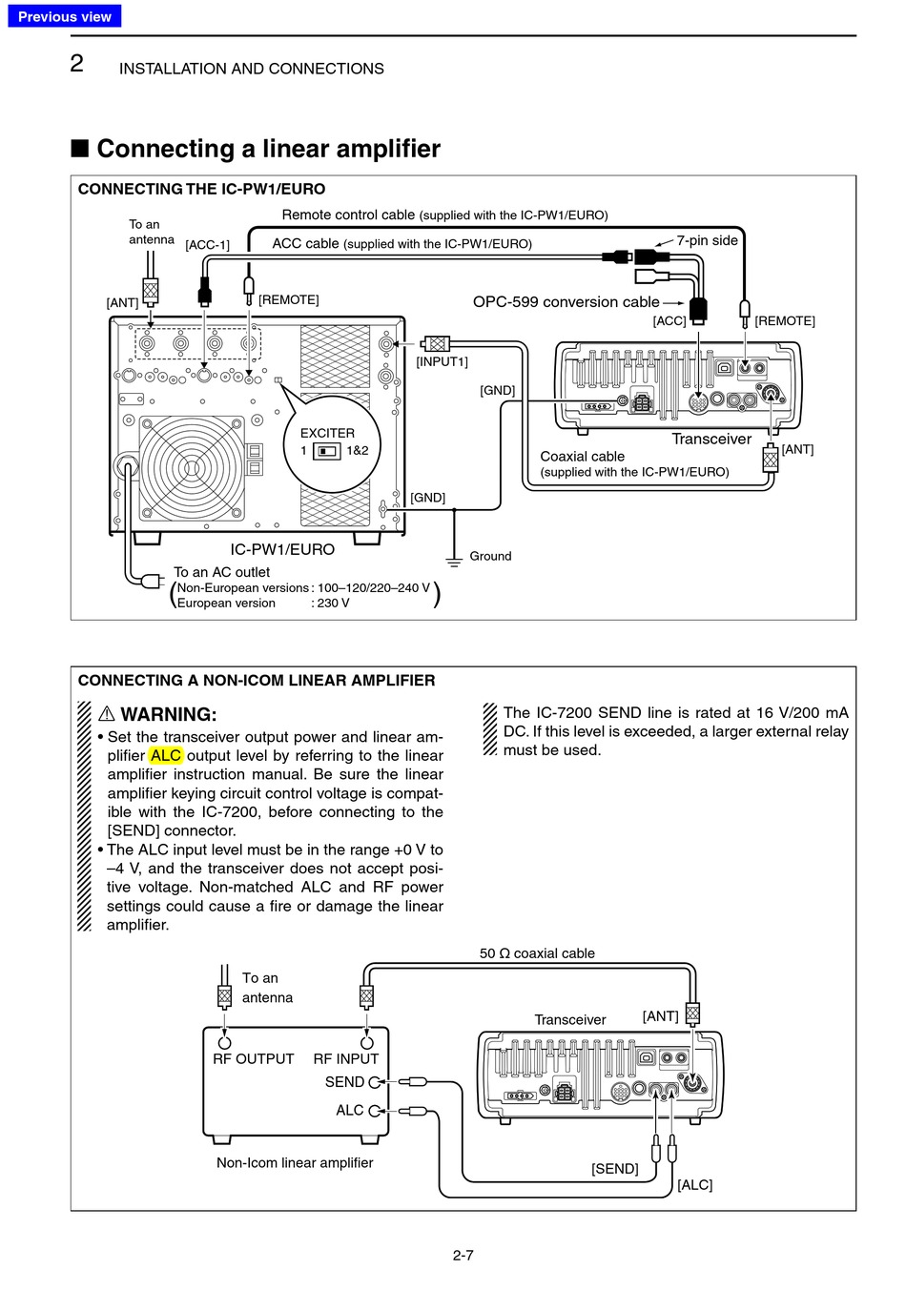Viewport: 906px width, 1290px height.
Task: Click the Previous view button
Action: (x=64, y=16)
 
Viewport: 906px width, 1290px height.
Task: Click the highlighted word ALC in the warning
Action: (x=165, y=755)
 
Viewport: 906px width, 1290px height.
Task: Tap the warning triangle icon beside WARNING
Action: (x=107, y=714)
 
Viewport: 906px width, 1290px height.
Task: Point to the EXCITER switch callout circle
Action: (x=327, y=442)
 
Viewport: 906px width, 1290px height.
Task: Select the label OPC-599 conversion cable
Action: (x=566, y=301)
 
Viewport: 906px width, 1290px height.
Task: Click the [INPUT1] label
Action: (x=442, y=361)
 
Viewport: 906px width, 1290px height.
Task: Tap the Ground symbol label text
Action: (x=490, y=556)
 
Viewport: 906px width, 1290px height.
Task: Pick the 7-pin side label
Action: (x=707, y=240)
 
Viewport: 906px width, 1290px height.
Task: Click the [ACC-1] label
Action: (x=207, y=245)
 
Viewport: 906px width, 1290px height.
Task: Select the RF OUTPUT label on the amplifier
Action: (x=253, y=1058)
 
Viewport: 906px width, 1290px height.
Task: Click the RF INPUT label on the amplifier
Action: (x=345, y=1058)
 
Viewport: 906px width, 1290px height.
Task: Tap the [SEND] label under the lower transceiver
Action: (x=614, y=1168)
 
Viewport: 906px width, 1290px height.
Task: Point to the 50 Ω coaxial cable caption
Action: (x=537, y=953)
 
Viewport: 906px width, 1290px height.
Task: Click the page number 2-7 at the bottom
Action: (x=463, y=1255)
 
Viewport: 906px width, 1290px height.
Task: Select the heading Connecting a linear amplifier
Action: (x=268, y=149)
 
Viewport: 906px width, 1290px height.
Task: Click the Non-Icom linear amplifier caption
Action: (x=295, y=1162)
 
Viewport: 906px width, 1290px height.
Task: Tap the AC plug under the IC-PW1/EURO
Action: (x=151, y=580)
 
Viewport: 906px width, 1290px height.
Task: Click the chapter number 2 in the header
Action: (x=77, y=64)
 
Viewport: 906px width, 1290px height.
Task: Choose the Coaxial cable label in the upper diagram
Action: (x=582, y=456)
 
